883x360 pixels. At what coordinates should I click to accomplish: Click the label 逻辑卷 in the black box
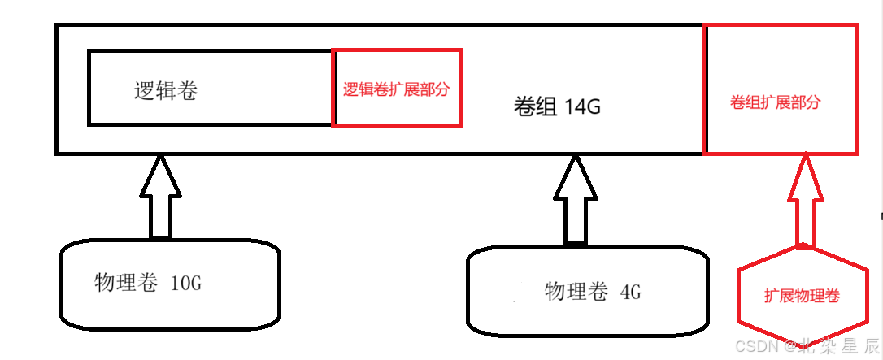(166, 91)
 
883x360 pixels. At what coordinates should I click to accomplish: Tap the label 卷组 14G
(558, 106)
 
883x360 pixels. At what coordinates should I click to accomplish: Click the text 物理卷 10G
(147, 283)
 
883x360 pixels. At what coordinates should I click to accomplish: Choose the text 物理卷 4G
(593, 291)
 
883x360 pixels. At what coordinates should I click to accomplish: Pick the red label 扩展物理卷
(802, 297)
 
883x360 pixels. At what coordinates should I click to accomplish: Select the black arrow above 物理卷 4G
(576, 200)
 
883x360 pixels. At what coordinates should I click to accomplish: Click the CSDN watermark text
(806, 346)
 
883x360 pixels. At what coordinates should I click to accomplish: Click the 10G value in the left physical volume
(185, 284)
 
